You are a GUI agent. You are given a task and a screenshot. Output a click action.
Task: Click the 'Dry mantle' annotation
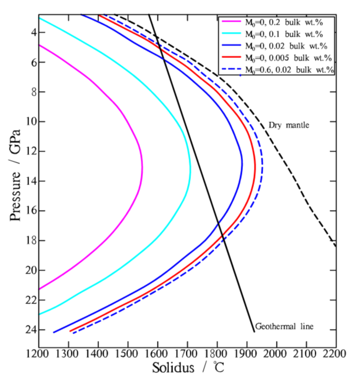point(289,125)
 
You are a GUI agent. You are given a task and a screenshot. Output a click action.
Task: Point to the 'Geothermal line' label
point(284,326)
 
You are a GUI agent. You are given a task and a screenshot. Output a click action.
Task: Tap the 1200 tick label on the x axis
point(39,353)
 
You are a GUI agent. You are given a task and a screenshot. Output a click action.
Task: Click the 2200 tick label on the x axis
point(335,353)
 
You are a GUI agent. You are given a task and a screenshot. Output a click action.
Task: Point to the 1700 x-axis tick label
point(187,353)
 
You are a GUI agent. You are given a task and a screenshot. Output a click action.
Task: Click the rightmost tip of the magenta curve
point(142,167)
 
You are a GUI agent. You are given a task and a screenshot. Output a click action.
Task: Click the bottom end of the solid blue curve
point(54,332)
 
